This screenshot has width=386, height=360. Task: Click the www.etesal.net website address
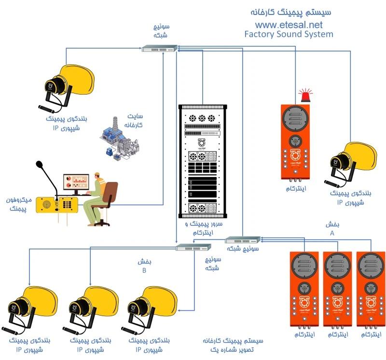click(289, 24)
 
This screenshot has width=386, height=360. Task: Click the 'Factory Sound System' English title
click(289, 34)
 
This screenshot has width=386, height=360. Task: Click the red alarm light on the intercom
click(304, 96)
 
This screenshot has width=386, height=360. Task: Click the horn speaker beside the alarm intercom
click(351, 162)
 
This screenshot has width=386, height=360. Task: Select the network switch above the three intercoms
click(243, 239)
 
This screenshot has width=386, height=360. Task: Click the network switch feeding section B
click(193, 247)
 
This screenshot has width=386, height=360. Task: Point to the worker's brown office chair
click(107, 203)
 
